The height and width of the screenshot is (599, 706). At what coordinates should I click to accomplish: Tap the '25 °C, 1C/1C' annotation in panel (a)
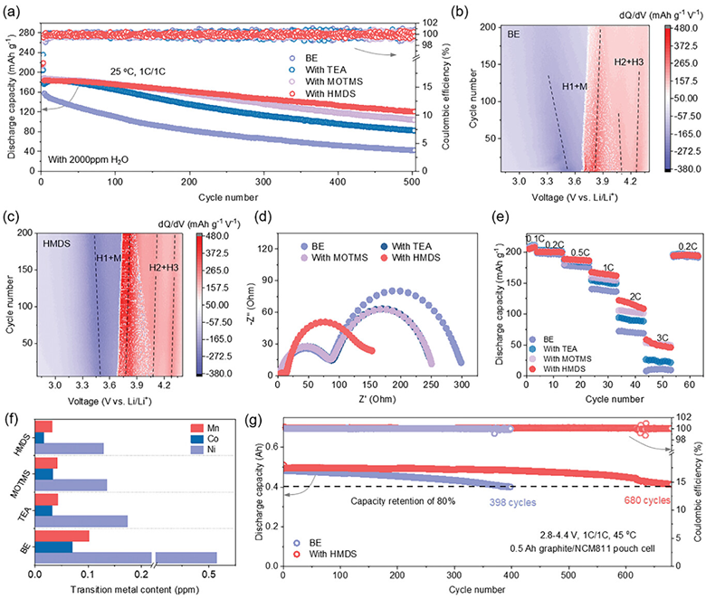138,71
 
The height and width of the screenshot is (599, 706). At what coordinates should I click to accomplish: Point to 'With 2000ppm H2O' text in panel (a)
89,159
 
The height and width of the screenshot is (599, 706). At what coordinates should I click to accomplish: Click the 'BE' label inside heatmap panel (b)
513,33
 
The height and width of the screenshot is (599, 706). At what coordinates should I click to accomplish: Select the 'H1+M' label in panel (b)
575,86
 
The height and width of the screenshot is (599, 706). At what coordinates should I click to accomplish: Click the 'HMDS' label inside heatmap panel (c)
57,243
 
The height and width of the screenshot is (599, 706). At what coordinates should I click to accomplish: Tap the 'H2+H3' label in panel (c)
164,268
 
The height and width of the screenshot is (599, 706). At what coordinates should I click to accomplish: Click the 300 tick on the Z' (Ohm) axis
462,385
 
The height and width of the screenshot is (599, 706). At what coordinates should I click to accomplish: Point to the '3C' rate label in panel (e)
662,338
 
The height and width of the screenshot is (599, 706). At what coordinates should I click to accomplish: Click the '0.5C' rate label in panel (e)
581,252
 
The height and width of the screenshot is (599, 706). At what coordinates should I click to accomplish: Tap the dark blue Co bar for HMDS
40,437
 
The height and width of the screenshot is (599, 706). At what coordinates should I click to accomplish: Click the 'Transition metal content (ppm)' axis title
135,589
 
